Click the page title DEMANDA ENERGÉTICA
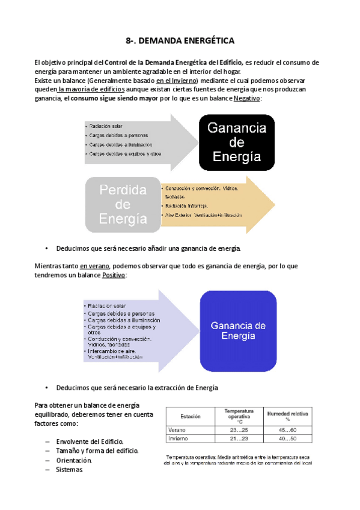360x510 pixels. [x=180, y=41]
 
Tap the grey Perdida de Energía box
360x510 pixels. [x=123, y=204]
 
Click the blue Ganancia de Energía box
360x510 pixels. [x=238, y=330]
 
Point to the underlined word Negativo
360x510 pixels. [x=247, y=98]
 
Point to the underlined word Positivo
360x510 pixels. [x=114, y=275]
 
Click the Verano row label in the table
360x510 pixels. [x=177, y=430]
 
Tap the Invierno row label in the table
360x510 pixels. [x=178, y=438]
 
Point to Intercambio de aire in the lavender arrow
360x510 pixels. [x=114, y=351]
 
